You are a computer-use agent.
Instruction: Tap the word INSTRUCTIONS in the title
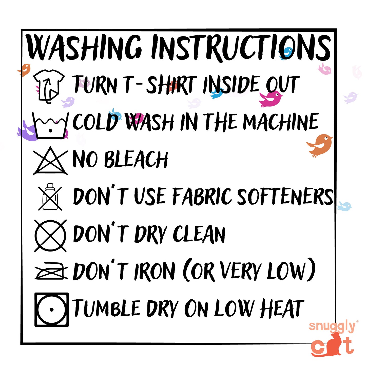(x=241, y=48)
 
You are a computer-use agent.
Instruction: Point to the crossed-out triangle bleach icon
(x=50, y=161)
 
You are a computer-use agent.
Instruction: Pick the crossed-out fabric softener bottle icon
(x=50, y=197)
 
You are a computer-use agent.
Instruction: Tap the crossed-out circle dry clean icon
(x=50, y=236)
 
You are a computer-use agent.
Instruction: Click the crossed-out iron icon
(x=51, y=271)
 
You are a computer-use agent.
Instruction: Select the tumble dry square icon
(x=51, y=310)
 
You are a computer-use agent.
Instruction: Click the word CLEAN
(x=199, y=234)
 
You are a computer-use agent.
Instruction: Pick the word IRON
(x=155, y=272)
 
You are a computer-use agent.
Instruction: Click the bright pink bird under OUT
(x=271, y=99)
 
